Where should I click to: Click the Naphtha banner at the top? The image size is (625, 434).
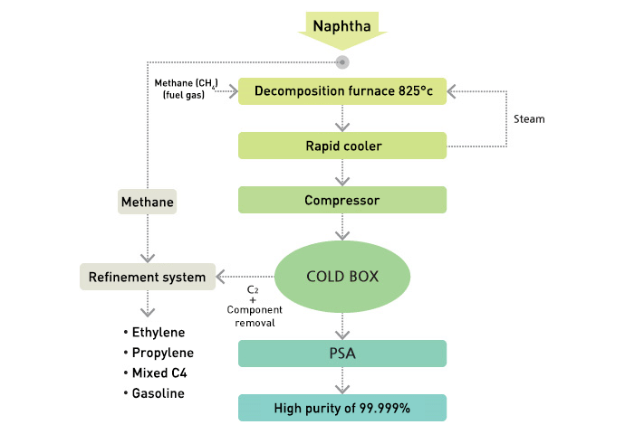tap(342, 26)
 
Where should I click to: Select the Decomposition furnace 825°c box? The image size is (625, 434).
tap(342, 91)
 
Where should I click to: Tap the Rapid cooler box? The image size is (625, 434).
tap(342, 146)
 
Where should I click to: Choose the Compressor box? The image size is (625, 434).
tap(342, 200)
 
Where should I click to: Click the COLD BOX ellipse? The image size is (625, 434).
tap(342, 276)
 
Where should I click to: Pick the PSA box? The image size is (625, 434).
tap(342, 354)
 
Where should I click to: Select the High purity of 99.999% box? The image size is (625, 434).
tap(342, 408)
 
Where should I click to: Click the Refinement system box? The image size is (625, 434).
tap(148, 277)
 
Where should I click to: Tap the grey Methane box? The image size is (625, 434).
tap(147, 202)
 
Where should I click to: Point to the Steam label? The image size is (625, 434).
tap(529, 119)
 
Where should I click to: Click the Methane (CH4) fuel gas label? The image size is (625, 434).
tap(186, 89)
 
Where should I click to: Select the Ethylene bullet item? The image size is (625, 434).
tap(157, 332)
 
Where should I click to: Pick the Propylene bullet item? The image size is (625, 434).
tap(159, 353)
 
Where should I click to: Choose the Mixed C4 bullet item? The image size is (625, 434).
tap(157, 373)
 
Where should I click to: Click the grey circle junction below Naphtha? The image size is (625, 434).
tap(342, 62)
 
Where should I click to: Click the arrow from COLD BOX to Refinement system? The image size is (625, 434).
tap(245, 277)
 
